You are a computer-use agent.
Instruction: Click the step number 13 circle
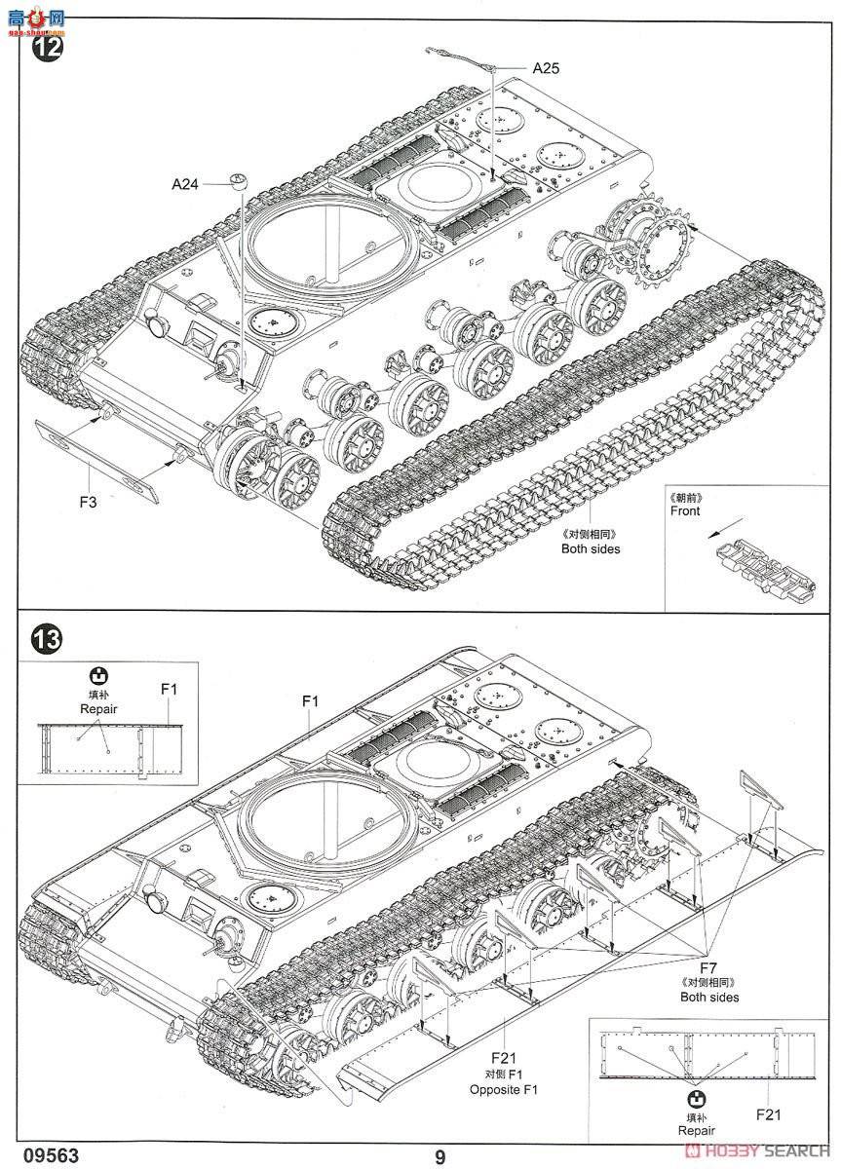pyautogui.click(x=47, y=639)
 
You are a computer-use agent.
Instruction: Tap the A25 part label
pyautogui.click(x=546, y=68)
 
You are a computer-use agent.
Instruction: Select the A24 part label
pyautogui.click(x=185, y=182)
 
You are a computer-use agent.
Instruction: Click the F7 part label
pyautogui.click(x=708, y=966)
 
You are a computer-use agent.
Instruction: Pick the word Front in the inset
pyautogui.click(x=685, y=510)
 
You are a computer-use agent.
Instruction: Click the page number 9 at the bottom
pyautogui.click(x=440, y=1156)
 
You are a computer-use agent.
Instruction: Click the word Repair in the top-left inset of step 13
pyautogui.click(x=98, y=709)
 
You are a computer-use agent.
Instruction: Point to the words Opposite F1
pyautogui.click(x=503, y=1089)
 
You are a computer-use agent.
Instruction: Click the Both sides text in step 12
pyautogui.click(x=591, y=548)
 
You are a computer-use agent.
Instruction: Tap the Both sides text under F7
pyautogui.click(x=709, y=997)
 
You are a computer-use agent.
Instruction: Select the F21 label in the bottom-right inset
pyautogui.click(x=768, y=1114)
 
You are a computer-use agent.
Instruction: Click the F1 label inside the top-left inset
pyautogui.click(x=169, y=689)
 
